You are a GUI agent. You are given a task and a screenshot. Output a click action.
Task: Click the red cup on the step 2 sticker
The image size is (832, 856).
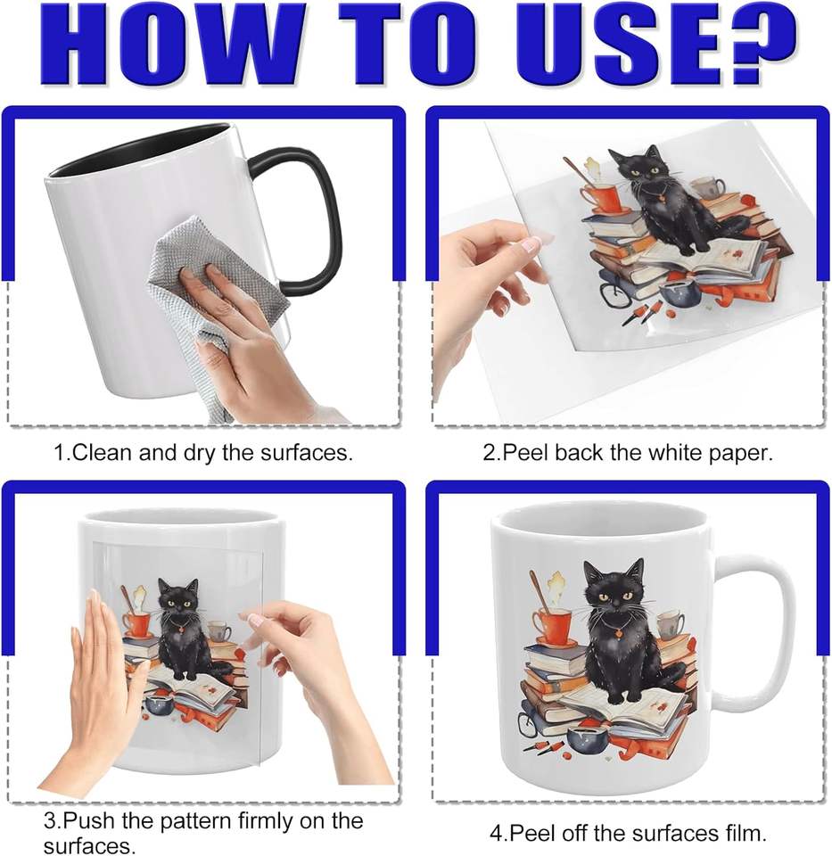(603, 198)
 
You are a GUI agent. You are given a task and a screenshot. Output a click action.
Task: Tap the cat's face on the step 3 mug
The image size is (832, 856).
(178, 597)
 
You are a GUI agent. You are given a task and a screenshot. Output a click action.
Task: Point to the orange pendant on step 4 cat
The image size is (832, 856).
(618, 633)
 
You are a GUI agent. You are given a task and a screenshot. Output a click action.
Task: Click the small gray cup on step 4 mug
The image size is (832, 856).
(670, 624)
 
